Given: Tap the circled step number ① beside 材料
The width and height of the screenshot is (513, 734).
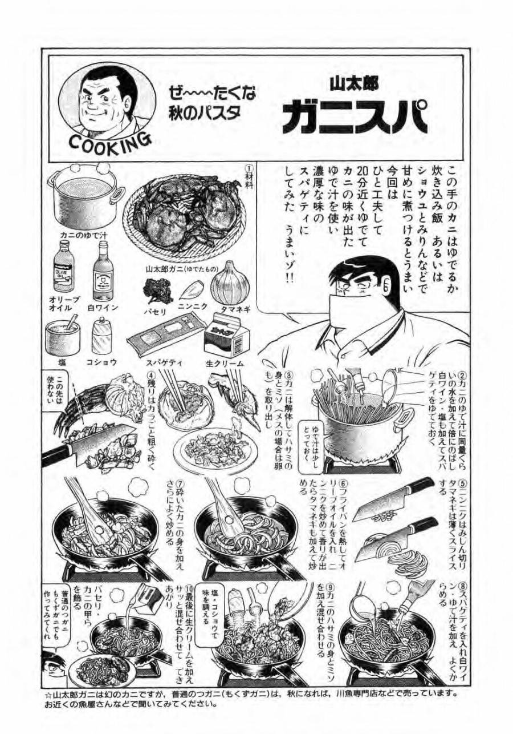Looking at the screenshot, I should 249,170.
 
